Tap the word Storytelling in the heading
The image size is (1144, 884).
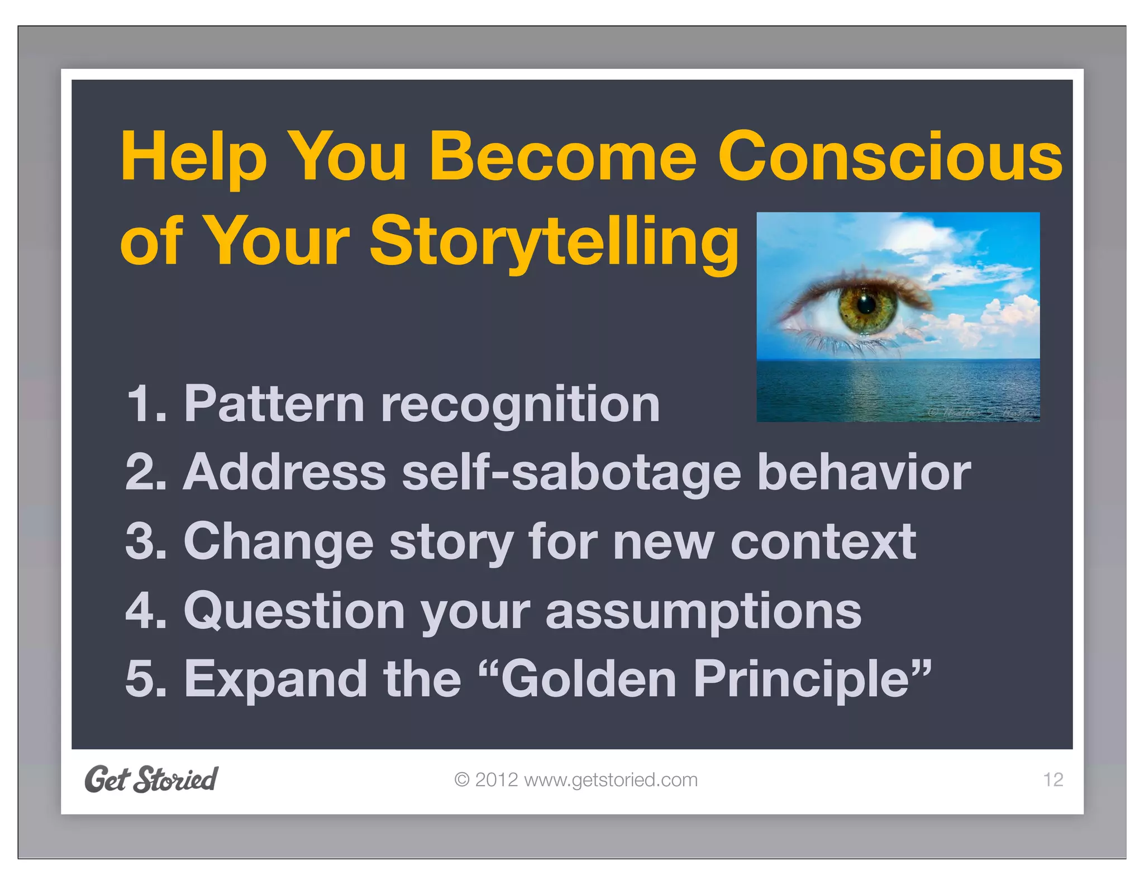pyautogui.click(x=553, y=241)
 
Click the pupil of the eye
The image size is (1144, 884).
pyautogui.click(x=866, y=305)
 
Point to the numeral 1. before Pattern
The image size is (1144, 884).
pyautogui.click(x=147, y=404)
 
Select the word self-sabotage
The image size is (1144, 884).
pyautogui.click(x=571, y=473)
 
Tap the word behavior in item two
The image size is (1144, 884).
pyautogui.click(x=864, y=472)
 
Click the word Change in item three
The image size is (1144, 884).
pyautogui.click(x=278, y=542)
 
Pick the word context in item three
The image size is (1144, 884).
pyautogui.click(x=823, y=542)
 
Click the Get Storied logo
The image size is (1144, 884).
pyautogui.click(x=151, y=779)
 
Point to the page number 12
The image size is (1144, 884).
pyautogui.click(x=1053, y=780)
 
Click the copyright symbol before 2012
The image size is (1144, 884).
pyautogui.click(x=461, y=780)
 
